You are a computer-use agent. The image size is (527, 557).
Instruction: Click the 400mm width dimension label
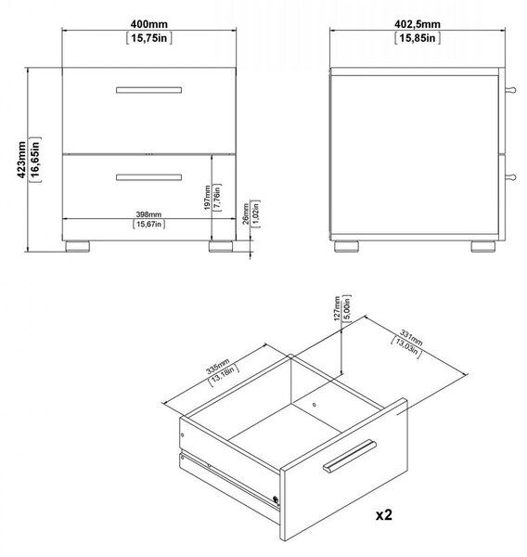pos(148,24)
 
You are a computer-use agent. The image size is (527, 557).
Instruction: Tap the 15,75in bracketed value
pos(149,38)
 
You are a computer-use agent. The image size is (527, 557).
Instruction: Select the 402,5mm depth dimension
pos(418,24)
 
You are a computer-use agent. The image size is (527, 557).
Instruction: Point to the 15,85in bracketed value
pos(418,38)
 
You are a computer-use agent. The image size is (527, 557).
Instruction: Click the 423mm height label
pos(21,160)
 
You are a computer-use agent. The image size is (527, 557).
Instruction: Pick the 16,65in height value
pos(35,160)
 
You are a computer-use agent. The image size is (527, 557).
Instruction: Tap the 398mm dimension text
pos(148,214)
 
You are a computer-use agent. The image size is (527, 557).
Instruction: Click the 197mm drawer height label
pos(208,198)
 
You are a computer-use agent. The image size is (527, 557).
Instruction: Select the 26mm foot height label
pos(246,214)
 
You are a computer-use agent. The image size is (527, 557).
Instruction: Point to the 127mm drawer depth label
pos(338,308)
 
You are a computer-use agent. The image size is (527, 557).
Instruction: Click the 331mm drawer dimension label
pos(411,338)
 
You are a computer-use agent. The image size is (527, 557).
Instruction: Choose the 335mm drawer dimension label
pos(218,367)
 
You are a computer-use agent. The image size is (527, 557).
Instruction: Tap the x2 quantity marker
pos(384,514)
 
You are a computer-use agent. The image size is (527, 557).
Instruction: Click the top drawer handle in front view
pos(148,90)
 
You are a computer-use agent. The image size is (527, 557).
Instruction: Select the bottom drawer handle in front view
pos(148,177)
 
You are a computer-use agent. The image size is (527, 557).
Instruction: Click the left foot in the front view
pos(78,246)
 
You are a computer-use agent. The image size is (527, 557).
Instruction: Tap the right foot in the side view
pos(483,246)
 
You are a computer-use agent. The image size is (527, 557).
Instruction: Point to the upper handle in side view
pos(510,89)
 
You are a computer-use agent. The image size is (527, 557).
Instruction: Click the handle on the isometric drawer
pos(350,457)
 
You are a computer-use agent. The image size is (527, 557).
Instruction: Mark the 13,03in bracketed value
pos(406,348)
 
